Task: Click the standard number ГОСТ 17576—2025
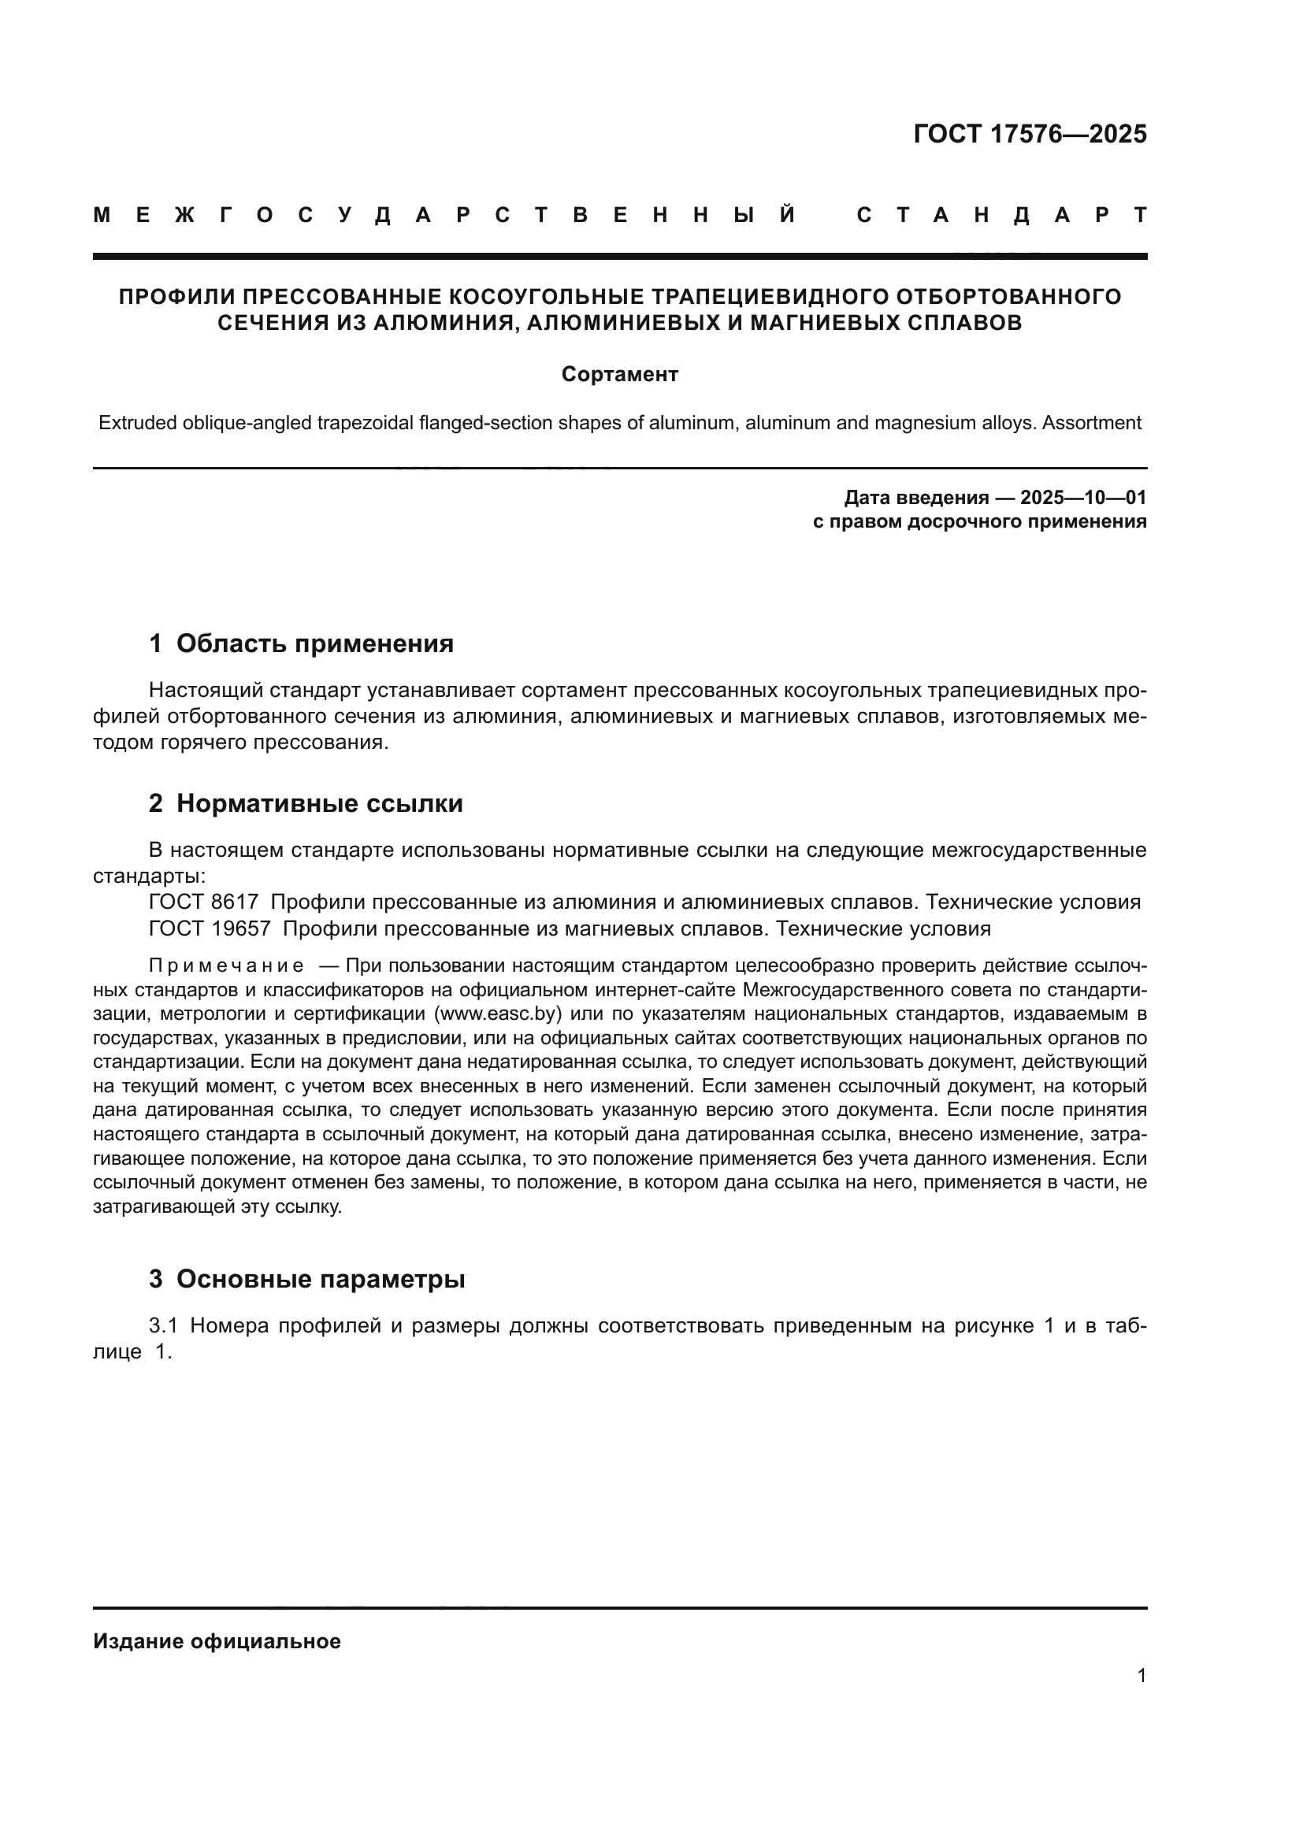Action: tap(1030, 134)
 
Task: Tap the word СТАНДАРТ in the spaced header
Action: tap(1001, 215)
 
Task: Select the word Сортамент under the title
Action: tap(619, 375)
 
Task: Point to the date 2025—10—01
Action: tap(1082, 498)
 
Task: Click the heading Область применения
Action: tap(314, 643)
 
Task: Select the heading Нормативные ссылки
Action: tap(319, 803)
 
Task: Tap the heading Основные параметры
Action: tap(320, 1279)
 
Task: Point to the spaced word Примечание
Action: tap(226, 965)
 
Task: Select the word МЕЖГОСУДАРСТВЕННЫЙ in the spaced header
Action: tap(444, 215)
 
